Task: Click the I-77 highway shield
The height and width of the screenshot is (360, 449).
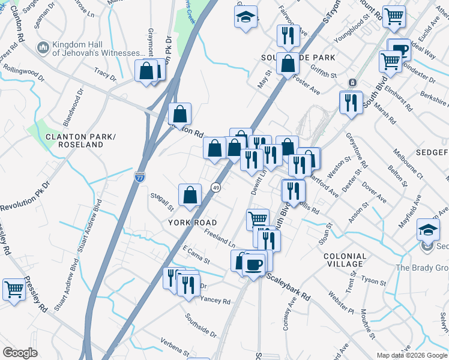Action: click(139, 177)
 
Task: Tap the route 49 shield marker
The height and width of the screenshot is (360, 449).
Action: click(215, 188)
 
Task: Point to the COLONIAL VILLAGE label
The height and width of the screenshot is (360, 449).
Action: click(344, 260)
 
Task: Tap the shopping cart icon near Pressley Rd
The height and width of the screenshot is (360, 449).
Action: click(14, 289)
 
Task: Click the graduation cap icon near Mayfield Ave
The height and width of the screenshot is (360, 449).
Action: click(429, 230)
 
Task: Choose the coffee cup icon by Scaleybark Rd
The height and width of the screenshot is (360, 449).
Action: click(254, 263)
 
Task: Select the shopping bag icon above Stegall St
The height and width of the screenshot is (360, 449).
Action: click(190, 195)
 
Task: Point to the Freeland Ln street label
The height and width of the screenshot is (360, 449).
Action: click(220, 238)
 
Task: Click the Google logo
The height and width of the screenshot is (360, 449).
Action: click(19, 353)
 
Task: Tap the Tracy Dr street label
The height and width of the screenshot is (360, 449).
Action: click(105, 74)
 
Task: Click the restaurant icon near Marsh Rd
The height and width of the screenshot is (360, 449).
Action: click(351, 102)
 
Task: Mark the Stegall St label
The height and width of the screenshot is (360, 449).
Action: click(162, 207)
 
